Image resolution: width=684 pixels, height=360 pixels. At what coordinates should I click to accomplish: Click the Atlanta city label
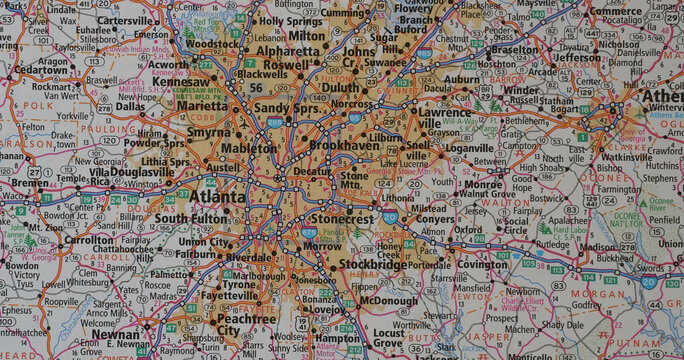[x=217, y=197]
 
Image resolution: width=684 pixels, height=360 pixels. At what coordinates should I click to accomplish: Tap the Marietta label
[x=203, y=106]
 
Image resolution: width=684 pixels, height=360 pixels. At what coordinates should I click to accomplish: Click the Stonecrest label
[x=342, y=217]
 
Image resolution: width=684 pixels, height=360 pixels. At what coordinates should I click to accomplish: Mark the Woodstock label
[x=212, y=45]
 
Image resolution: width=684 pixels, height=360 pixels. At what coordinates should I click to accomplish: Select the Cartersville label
[x=125, y=20]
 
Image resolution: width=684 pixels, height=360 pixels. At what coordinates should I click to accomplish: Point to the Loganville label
[x=470, y=147]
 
